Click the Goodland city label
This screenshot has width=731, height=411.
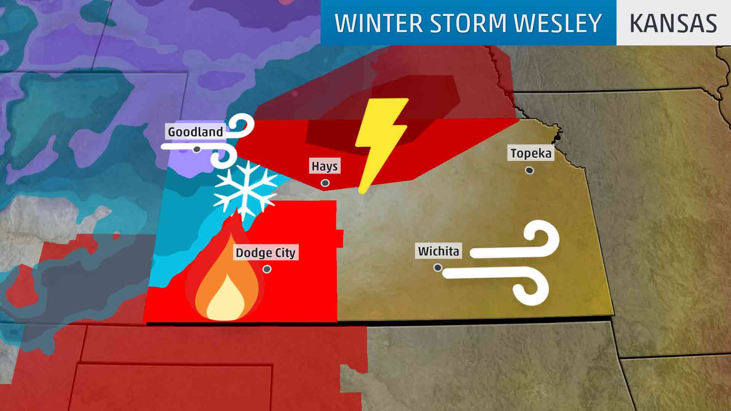pyautogui.click(x=195, y=132)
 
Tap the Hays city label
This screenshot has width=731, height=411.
pyautogui.click(x=324, y=166)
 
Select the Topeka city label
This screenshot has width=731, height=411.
pyautogui.click(x=531, y=153)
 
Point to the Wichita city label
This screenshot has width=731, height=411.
pyautogui.click(x=439, y=251)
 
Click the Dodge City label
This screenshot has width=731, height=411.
pyautogui.click(x=265, y=253)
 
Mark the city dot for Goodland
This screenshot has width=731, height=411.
pyautogui.click(x=196, y=149)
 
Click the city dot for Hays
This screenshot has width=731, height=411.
pyautogui.click(x=325, y=183)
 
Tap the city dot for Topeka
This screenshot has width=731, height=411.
pyautogui.click(x=529, y=170)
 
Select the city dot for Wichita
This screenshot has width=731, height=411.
pyautogui.click(x=438, y=268)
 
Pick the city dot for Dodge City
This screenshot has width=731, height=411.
pyautogui.click(x=267, y=269)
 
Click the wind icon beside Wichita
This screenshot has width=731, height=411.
pyautogui.click(x=510, y=263)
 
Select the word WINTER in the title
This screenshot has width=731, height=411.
pyautogui.click(x=379, y=23)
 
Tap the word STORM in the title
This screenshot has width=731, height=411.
pyautogui.click(x=468, y=23)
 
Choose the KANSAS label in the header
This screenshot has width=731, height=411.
pyautogui.click(x=673, y=23)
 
